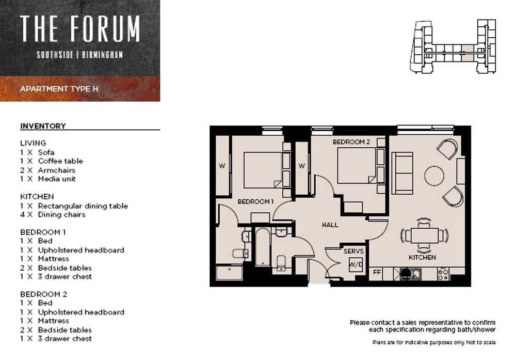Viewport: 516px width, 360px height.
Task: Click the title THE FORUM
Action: tap(80, 28)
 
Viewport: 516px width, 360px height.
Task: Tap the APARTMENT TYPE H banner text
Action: tap(59, 89)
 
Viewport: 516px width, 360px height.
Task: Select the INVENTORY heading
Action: tap(43, 126)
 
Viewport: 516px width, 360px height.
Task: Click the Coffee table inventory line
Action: tap(52, 161)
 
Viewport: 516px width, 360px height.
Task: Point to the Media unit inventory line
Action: tap(48, 179)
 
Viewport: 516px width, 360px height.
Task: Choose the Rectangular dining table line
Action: tap(74, 206)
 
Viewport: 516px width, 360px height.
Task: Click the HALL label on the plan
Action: tap(330, 225)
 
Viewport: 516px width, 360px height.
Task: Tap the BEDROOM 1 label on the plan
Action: tap(256, 201)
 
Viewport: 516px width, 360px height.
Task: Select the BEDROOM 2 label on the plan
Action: tap(351, 142)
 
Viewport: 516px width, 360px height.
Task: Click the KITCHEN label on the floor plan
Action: tap(422, 257)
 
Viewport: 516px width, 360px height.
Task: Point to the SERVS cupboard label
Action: tap(354, 252)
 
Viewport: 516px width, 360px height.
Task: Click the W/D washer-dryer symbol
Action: tap(356, 264)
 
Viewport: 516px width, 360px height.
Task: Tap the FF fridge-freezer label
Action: tap(377, 272)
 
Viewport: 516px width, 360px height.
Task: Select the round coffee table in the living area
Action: tap(434, 176)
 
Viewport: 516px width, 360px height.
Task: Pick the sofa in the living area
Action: tap(402, 173)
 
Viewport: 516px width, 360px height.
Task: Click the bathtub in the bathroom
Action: tap(263, 246)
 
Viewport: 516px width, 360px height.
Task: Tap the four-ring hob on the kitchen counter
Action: tap(443, 274)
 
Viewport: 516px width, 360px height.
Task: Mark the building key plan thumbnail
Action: tap(453, 46)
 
